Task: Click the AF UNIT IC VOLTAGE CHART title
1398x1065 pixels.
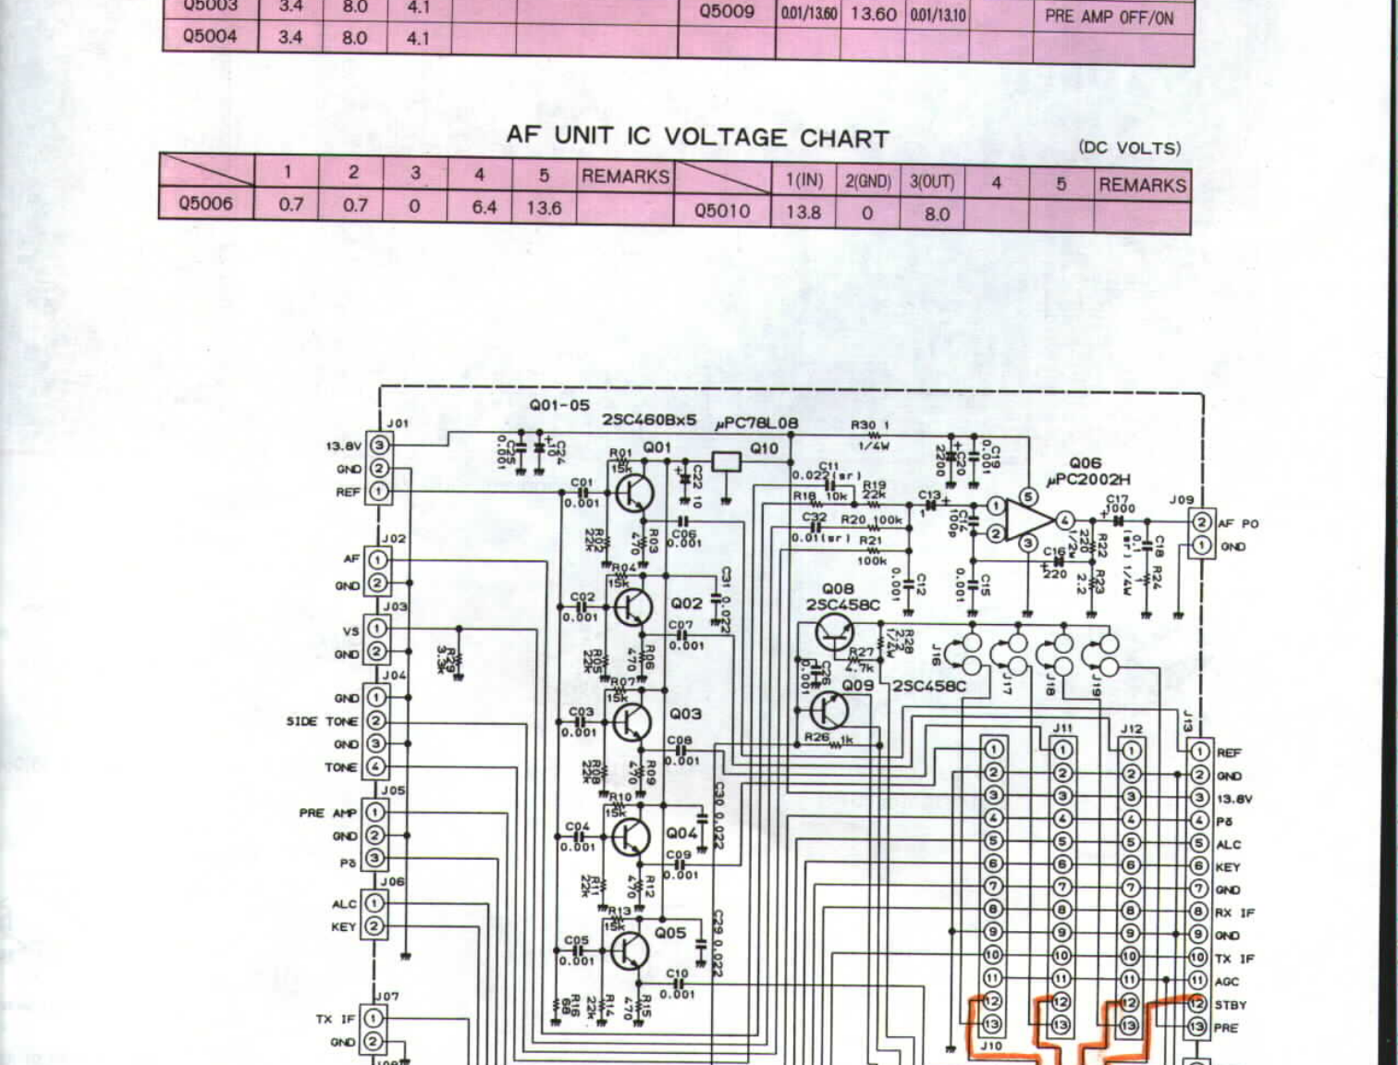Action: coord(697,137)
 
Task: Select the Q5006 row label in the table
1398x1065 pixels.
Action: coord(206,203)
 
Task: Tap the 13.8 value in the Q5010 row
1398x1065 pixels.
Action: coord(803,213)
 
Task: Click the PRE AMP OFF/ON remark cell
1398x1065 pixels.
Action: coord(1109,17)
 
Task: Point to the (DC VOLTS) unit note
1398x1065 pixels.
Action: coord(1129,148)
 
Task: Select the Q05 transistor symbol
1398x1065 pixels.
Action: coord(630,950)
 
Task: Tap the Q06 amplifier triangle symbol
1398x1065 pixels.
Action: coord(1026,520)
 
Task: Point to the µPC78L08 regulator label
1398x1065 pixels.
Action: coord(756,423)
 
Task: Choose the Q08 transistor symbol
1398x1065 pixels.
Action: coord(835,634)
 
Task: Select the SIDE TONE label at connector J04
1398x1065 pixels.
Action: coord(321,721)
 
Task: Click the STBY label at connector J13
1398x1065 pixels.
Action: coord(1231,1004)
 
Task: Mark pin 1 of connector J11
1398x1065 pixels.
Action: coord(1062,750)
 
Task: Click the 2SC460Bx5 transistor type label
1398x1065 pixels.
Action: coord(649,421)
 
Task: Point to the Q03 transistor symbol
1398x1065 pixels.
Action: coord(632,721)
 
